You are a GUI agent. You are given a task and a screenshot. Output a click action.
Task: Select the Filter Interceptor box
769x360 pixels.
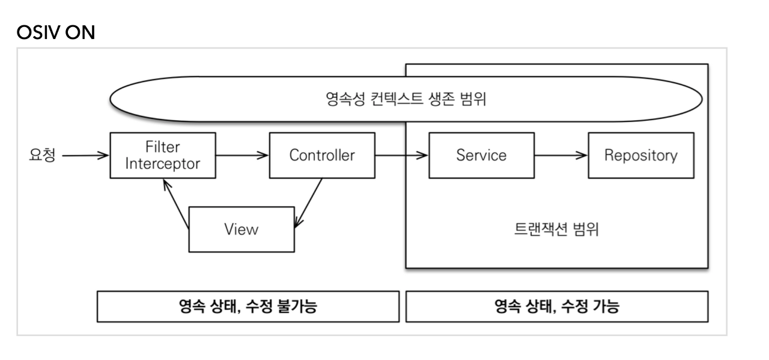[x=162, y=156]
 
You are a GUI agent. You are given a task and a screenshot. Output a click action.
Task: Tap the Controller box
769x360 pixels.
[x=322, y=155]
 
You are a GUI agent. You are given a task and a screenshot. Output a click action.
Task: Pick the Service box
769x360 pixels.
[x=481, y=155]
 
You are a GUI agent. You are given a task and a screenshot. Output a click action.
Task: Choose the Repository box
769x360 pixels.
[x=640, y=155]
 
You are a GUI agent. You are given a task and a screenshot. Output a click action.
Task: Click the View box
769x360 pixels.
[x=242, y=229]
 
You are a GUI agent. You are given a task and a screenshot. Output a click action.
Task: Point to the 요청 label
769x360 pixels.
[x=42, y=155]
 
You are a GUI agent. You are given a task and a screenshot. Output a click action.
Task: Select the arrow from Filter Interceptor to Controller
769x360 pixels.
[x=242, y=155]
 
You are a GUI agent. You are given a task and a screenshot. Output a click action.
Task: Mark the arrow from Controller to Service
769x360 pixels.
[x=401, y=155]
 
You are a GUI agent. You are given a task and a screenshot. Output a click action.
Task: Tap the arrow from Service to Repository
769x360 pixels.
[x=561, y=155]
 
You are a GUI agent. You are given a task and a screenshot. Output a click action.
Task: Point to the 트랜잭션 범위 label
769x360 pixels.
[x=556, y=230]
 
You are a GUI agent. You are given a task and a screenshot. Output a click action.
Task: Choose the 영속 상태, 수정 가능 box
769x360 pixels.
[x=556, y=307]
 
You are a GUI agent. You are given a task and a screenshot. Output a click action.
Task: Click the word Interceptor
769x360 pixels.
[x=162, y=163]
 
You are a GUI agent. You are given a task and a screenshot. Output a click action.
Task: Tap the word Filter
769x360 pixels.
[x=162, y=148]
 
